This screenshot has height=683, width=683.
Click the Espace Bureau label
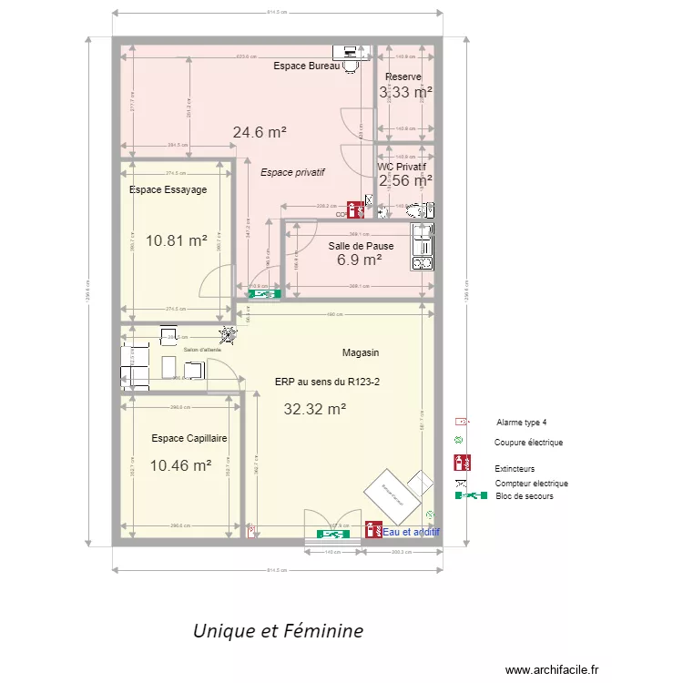(306, 66)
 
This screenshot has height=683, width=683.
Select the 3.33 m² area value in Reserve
(405, 92)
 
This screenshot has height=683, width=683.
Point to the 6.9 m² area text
(359, 260)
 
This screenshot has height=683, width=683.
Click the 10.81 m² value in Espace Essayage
(177, 241)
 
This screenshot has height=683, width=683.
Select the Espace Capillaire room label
(189, 438)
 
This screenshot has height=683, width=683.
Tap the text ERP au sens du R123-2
(327, 382)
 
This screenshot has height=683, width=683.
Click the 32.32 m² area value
(314, 410)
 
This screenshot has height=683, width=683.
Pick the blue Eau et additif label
(412, 531)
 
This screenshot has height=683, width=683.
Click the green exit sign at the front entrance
(333, 534)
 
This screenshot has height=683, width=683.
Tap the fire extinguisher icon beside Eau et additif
(372, 529)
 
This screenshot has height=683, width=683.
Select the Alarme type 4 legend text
(522, 423)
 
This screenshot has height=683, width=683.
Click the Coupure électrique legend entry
(528, 443)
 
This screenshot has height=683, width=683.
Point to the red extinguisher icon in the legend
(462, 464)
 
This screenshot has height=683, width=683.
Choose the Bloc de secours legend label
(525, 496)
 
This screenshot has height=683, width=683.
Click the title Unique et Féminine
(278, 630)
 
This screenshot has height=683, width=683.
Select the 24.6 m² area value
(260, 132)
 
